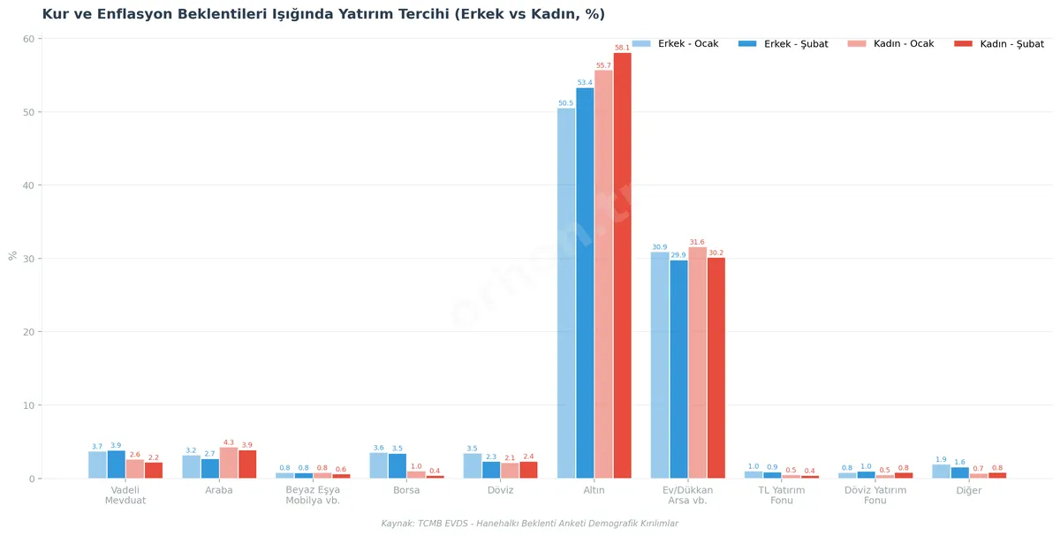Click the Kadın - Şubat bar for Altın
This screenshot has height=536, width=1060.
tap(623, 265)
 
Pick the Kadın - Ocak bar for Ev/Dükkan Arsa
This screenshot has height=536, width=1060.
tap(698, 363)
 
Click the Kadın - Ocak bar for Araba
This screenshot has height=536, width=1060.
tap(229, 464)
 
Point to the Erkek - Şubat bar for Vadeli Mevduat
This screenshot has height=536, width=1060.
tap(116, 464)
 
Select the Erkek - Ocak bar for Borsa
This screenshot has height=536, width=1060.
tap(378, 465)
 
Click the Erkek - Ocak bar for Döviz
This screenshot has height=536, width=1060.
tap(473, 465)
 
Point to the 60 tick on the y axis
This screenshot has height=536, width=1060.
tap(28, 39)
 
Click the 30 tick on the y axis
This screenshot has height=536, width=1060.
tap(28, 259)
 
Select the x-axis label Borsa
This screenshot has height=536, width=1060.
tap(406, 490)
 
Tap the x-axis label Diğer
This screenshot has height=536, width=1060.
tap(969, 490)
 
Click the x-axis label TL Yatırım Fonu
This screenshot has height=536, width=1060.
tap(781, 495)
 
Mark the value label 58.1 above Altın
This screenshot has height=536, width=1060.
tap(623, 48)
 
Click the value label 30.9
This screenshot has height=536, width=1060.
tap(660, 247)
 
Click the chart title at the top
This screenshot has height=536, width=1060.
tap(323, 14)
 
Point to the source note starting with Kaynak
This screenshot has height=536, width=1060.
tap(530, 524)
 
